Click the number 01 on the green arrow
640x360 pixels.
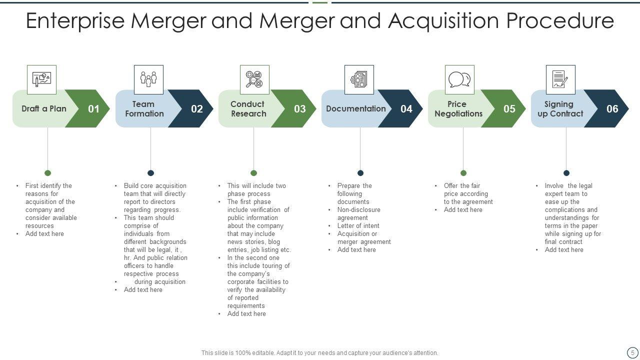(93, 109)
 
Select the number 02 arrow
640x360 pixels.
(196, 109)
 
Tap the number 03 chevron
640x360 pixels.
(299, 109)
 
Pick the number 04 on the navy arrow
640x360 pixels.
(406, 109)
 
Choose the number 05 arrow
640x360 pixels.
(509, 109)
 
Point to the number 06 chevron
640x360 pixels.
(612, 109)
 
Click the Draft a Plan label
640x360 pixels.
(44, 109)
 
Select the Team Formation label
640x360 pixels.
(144, 109)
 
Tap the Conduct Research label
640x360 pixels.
(248, 109)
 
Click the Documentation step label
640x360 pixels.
(356, 109)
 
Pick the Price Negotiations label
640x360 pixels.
(458, 109)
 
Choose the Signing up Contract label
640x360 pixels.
(560, 109)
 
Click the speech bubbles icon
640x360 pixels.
(459, 79)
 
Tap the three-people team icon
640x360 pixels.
(148, 79)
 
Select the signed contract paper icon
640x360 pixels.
(560, 79)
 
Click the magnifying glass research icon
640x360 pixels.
(254, 79)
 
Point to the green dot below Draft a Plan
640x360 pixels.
(47, 173)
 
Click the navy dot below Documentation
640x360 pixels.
(360, 173)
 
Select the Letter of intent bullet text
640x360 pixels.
(358, 226)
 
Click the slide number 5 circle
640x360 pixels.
(632, 352)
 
